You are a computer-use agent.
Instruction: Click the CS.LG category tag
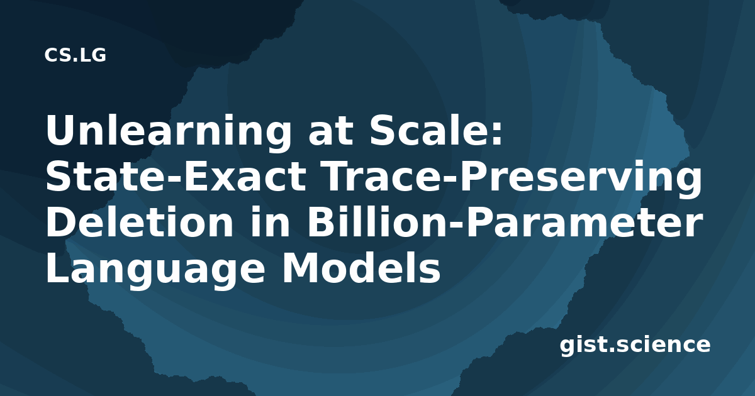pos(75,55)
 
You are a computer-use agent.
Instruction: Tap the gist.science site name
pos(635,346)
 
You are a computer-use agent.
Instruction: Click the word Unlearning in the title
pos(169,131)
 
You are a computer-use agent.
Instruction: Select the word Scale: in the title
pos(436,130)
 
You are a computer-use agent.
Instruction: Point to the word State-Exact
pos(176,177)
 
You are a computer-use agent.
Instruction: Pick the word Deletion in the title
pos(139,223)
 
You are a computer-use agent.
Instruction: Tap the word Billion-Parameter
pos(505,223)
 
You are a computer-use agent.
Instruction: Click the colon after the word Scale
pos(497,135)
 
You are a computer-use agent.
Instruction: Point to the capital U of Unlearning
pos(60,130)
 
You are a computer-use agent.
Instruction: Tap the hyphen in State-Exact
pos(172,180)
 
